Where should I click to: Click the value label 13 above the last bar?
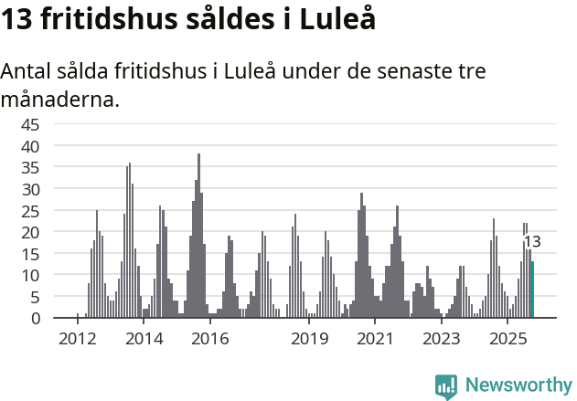tap(532, 242)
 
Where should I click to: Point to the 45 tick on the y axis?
tap(30, 124)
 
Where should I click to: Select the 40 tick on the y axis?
tap(30, 146)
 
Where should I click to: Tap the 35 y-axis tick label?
tap(30, 167)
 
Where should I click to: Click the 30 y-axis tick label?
tap(30, 189)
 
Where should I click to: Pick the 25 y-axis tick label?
tap(30, 210)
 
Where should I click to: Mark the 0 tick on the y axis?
tap(36, 318)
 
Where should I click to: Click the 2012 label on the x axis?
tap(78, 339)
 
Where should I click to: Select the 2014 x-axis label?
tap(144, 339)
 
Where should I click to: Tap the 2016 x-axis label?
tap(210, 339)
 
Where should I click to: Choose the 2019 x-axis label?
tap(310, 339)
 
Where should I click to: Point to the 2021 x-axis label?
tap(375, 339)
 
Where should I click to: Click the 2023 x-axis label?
tap(442, 339)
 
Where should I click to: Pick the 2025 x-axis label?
tap(508, 339)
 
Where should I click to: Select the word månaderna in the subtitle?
tap(60, 99)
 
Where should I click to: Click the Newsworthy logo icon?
tap(446, 385)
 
